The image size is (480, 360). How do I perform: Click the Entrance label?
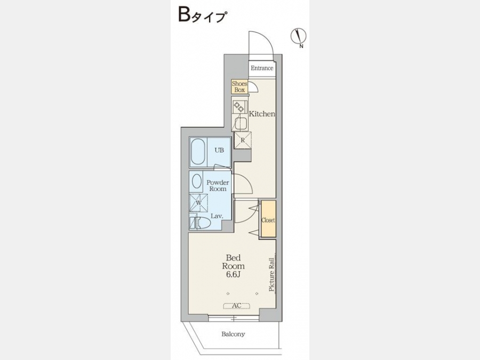[262, 68]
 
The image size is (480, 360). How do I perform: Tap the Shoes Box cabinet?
[239, 86]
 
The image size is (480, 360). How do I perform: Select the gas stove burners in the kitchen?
[238, 107]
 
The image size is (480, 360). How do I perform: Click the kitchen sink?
[241, 124]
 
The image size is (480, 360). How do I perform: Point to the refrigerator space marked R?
[243, 140]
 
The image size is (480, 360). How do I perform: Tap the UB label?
[219, 150]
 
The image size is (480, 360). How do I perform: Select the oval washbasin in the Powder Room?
[197, 181]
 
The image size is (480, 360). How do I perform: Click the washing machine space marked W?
[198, 203]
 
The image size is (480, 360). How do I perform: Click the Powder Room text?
[218, 186]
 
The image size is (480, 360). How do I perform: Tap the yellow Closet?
[268, 219]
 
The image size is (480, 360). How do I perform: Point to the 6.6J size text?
[233, 274]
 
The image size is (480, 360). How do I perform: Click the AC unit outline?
[237, 306]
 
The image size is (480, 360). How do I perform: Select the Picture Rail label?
[271, 274]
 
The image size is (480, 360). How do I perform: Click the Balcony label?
[233, 334]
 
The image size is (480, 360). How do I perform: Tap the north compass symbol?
[299, 36]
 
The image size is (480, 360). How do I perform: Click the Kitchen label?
[262, 114]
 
